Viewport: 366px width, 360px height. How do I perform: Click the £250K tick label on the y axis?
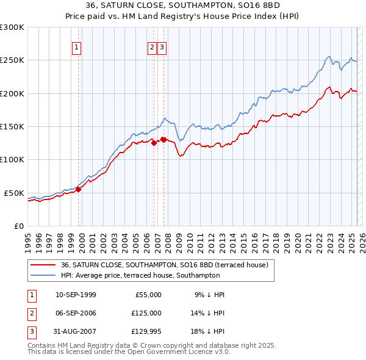pos(12,60)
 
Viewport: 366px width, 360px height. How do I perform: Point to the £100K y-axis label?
pos(12,159)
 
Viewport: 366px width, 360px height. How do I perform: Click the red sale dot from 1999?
pos(78,189)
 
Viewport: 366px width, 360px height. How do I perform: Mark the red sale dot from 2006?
pos(154,143)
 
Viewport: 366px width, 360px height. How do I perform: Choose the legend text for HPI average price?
pos(140,276)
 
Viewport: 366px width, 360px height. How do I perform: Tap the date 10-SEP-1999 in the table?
pos(76,295)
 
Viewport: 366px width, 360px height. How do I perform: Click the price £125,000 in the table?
pos(146,313)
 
